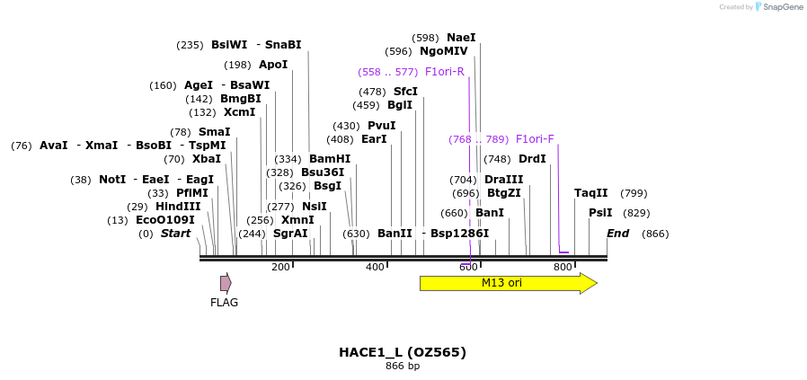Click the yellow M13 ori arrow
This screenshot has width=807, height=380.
point(508,283)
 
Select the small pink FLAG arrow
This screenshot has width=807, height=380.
point(226,283)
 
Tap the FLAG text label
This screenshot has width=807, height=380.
point(224,303)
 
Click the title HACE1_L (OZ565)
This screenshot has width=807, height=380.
point(403,352)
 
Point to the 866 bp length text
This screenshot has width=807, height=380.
point(403,367)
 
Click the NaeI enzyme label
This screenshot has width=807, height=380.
point(461,38)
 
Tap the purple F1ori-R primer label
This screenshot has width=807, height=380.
point(445,72)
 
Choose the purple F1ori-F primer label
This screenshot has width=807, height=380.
point(535,139)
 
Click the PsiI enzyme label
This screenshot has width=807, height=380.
point(600,213)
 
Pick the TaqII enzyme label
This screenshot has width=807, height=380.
point(591,193)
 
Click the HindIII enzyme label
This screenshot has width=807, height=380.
point(178,207)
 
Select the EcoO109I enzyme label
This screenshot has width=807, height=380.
point(165,220)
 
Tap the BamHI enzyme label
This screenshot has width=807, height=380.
point(330,159)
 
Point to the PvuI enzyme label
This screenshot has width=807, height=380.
point(382,126)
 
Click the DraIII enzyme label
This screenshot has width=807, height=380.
point(503,180)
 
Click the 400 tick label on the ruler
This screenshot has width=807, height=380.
point(375,267)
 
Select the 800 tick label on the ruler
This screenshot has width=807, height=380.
point(563,267)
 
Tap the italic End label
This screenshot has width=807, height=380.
point(617,234)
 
